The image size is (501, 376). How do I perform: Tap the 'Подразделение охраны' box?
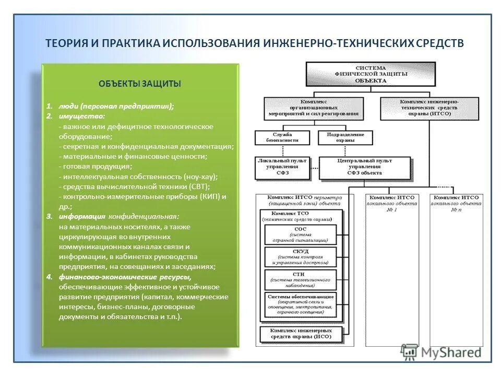(345, 137)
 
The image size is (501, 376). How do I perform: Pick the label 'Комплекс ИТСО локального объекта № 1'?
(391, 203)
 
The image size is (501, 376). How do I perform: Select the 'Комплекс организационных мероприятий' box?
(314, 107)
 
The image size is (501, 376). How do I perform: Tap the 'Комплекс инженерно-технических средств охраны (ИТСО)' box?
(430, 107)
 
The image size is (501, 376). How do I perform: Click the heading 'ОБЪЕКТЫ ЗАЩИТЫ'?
(140, 84)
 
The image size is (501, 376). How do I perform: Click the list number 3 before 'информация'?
(49, 216)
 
